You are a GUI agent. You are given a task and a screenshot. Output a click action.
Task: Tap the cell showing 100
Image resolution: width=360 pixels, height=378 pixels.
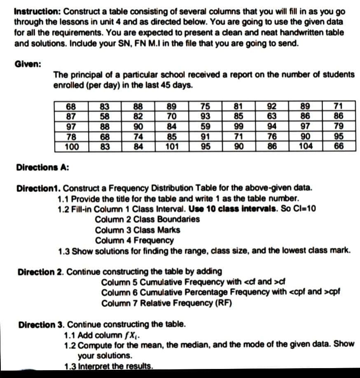click(72, 147)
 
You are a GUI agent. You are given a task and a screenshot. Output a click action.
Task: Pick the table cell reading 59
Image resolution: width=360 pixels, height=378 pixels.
click(204, 126)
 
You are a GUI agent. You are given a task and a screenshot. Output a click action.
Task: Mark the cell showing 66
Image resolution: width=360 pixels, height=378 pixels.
click(338, 147)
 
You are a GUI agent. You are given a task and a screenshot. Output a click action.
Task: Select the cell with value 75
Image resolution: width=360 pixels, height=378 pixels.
click(204, 106)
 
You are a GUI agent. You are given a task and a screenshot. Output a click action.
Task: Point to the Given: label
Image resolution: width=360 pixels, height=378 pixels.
click(27, 64)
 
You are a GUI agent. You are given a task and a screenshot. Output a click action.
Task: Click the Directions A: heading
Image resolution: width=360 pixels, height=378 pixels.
click(42, 168)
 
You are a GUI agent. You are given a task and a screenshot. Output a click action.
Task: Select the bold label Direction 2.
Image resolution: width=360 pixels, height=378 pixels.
click(40, 272)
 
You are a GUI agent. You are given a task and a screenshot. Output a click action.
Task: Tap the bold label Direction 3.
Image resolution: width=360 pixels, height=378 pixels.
click(41, 324)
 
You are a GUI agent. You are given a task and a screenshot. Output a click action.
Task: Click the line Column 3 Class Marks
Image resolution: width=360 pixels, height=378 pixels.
click(142, 230)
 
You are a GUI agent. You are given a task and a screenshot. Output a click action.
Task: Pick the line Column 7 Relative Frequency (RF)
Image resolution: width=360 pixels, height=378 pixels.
click(167, 303)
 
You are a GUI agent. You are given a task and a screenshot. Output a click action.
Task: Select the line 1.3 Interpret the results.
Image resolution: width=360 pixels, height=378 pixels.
click(109, 366)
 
